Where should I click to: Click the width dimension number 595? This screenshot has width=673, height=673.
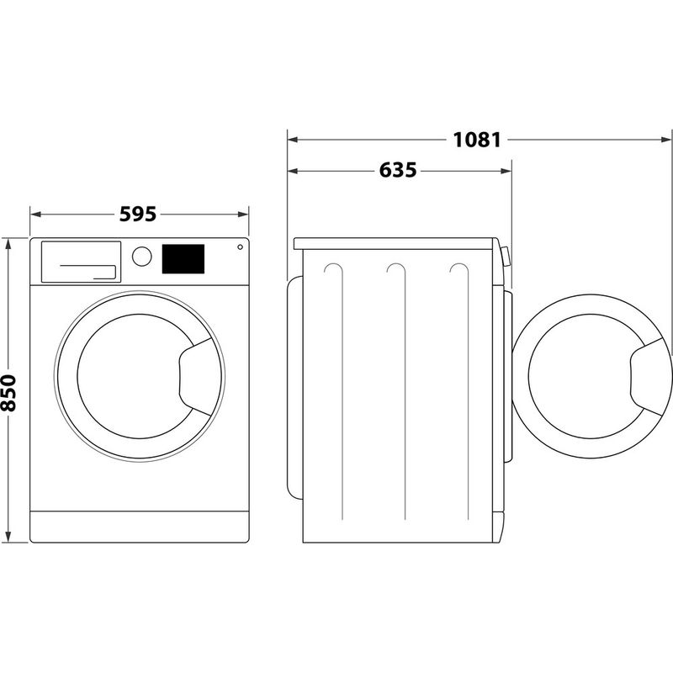pyautogui.click(x=138, y=214)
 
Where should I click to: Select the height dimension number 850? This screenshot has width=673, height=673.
pyautogui.click(x=9, y=392)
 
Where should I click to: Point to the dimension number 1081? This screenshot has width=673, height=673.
pyautogui.click(x=477, y=139)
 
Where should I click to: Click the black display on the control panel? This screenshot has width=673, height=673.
pyautogui.click(x=183, y=258)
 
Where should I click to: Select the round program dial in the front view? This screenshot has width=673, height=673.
pyautogui.click(x=142, y=257)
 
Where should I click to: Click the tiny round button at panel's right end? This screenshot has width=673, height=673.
pyautogui.click(x=240, y=247)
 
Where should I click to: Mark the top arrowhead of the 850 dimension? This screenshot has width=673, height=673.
pyautogui.click(x=9, y=243)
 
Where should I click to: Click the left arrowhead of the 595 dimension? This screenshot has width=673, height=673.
pyautogui.click(x=34, y=214)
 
